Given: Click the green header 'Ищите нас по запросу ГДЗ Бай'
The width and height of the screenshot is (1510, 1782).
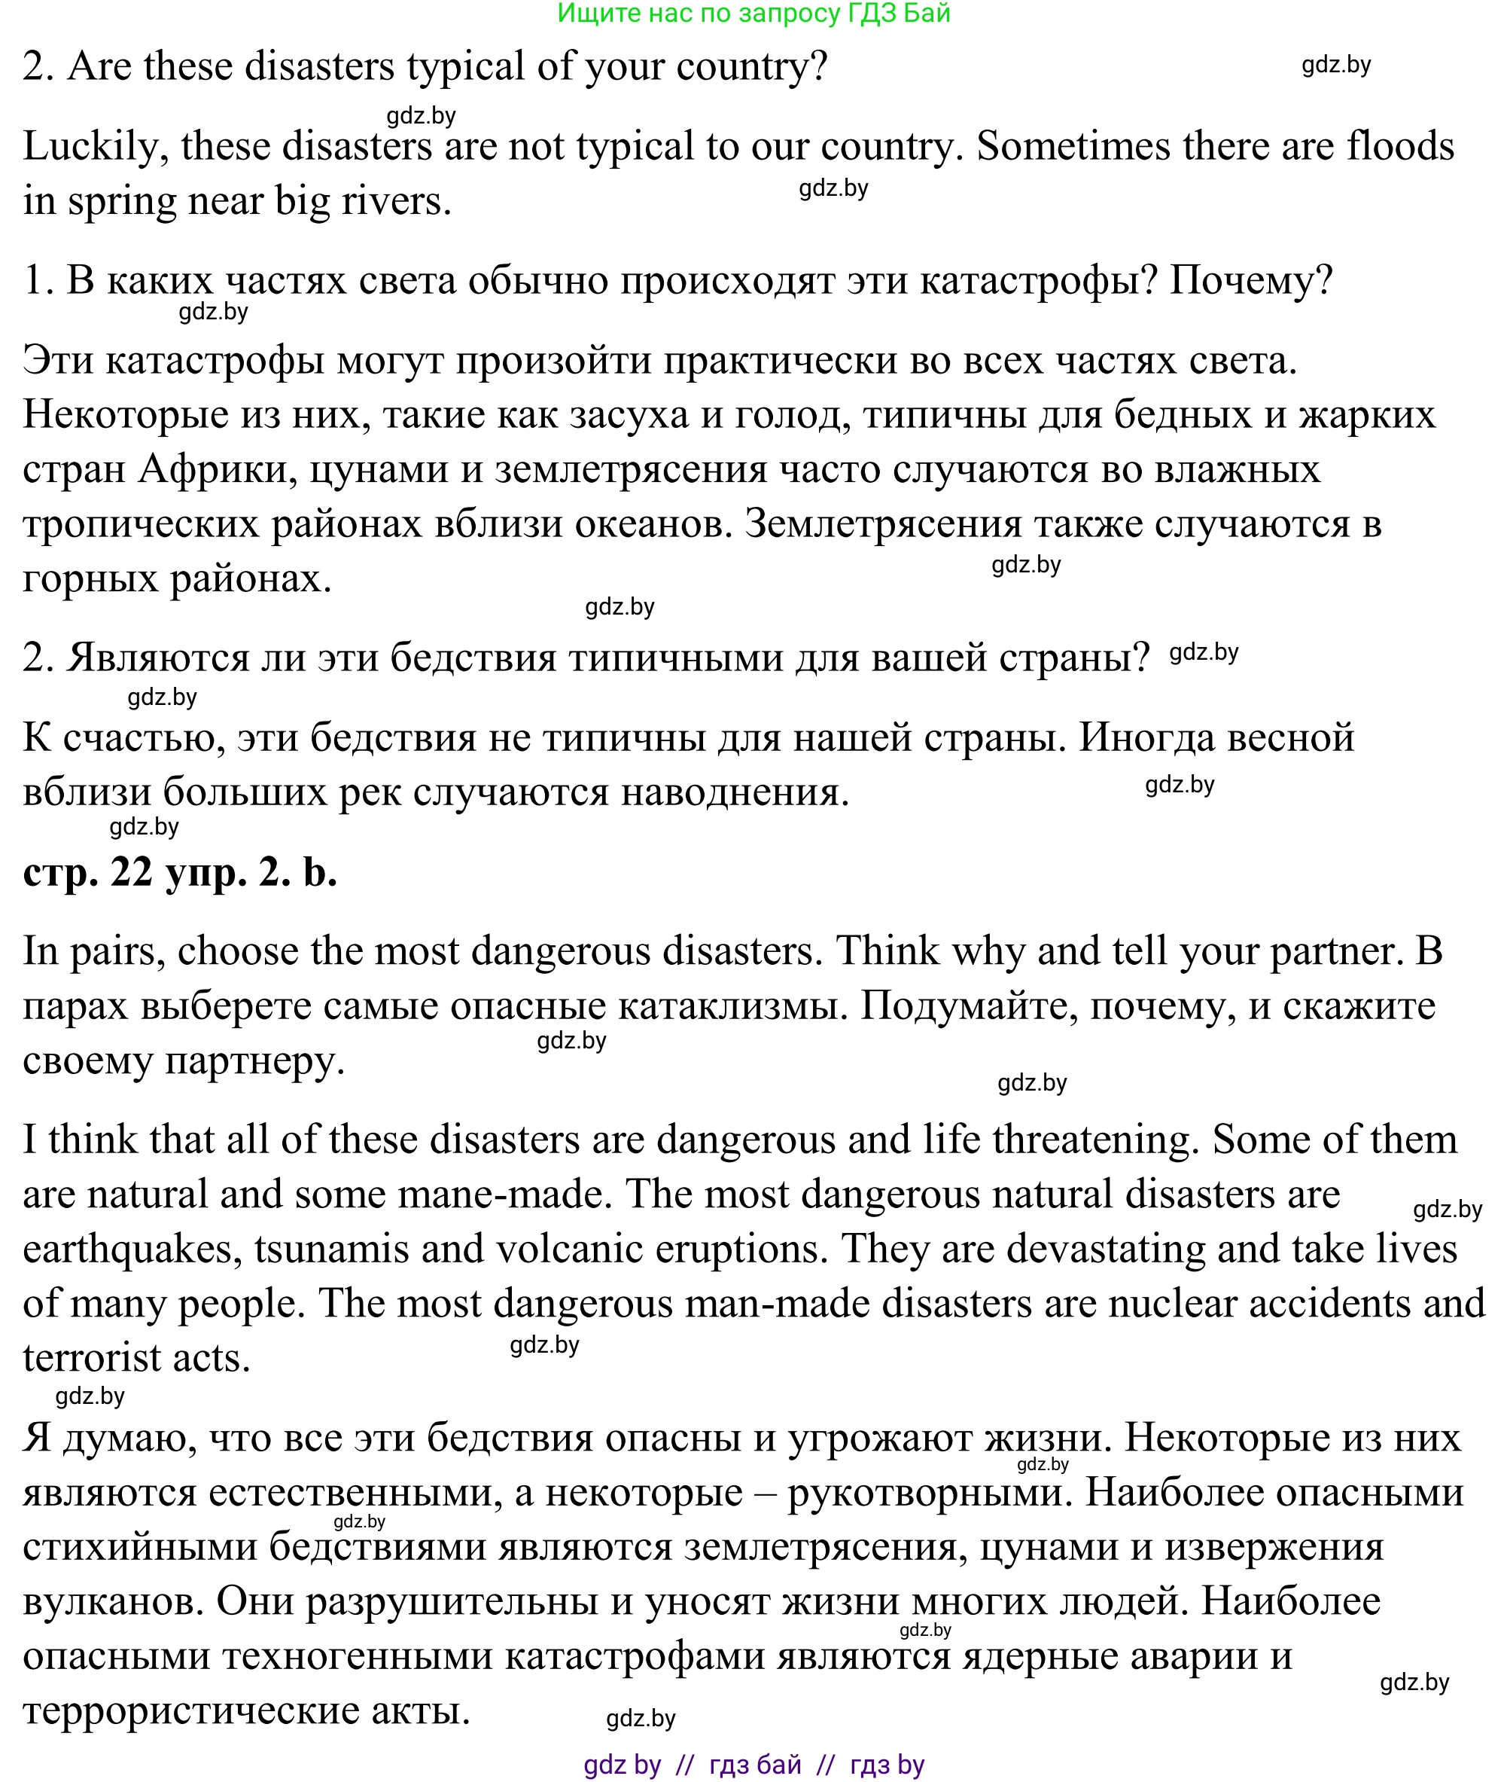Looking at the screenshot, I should (753, 14).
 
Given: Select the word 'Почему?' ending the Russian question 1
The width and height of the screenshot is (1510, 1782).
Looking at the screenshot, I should (1250, 281).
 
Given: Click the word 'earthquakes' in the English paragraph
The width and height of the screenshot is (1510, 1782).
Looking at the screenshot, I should (127, 1250).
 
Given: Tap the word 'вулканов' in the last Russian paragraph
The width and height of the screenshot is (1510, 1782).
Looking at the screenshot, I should (113, 1600).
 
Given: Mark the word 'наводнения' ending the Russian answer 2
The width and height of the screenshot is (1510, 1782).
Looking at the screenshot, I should (734, 792).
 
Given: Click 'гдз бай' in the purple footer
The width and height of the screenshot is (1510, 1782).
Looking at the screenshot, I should (755, 1765).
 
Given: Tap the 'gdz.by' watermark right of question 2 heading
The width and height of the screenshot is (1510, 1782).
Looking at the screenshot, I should (1335, 65).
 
